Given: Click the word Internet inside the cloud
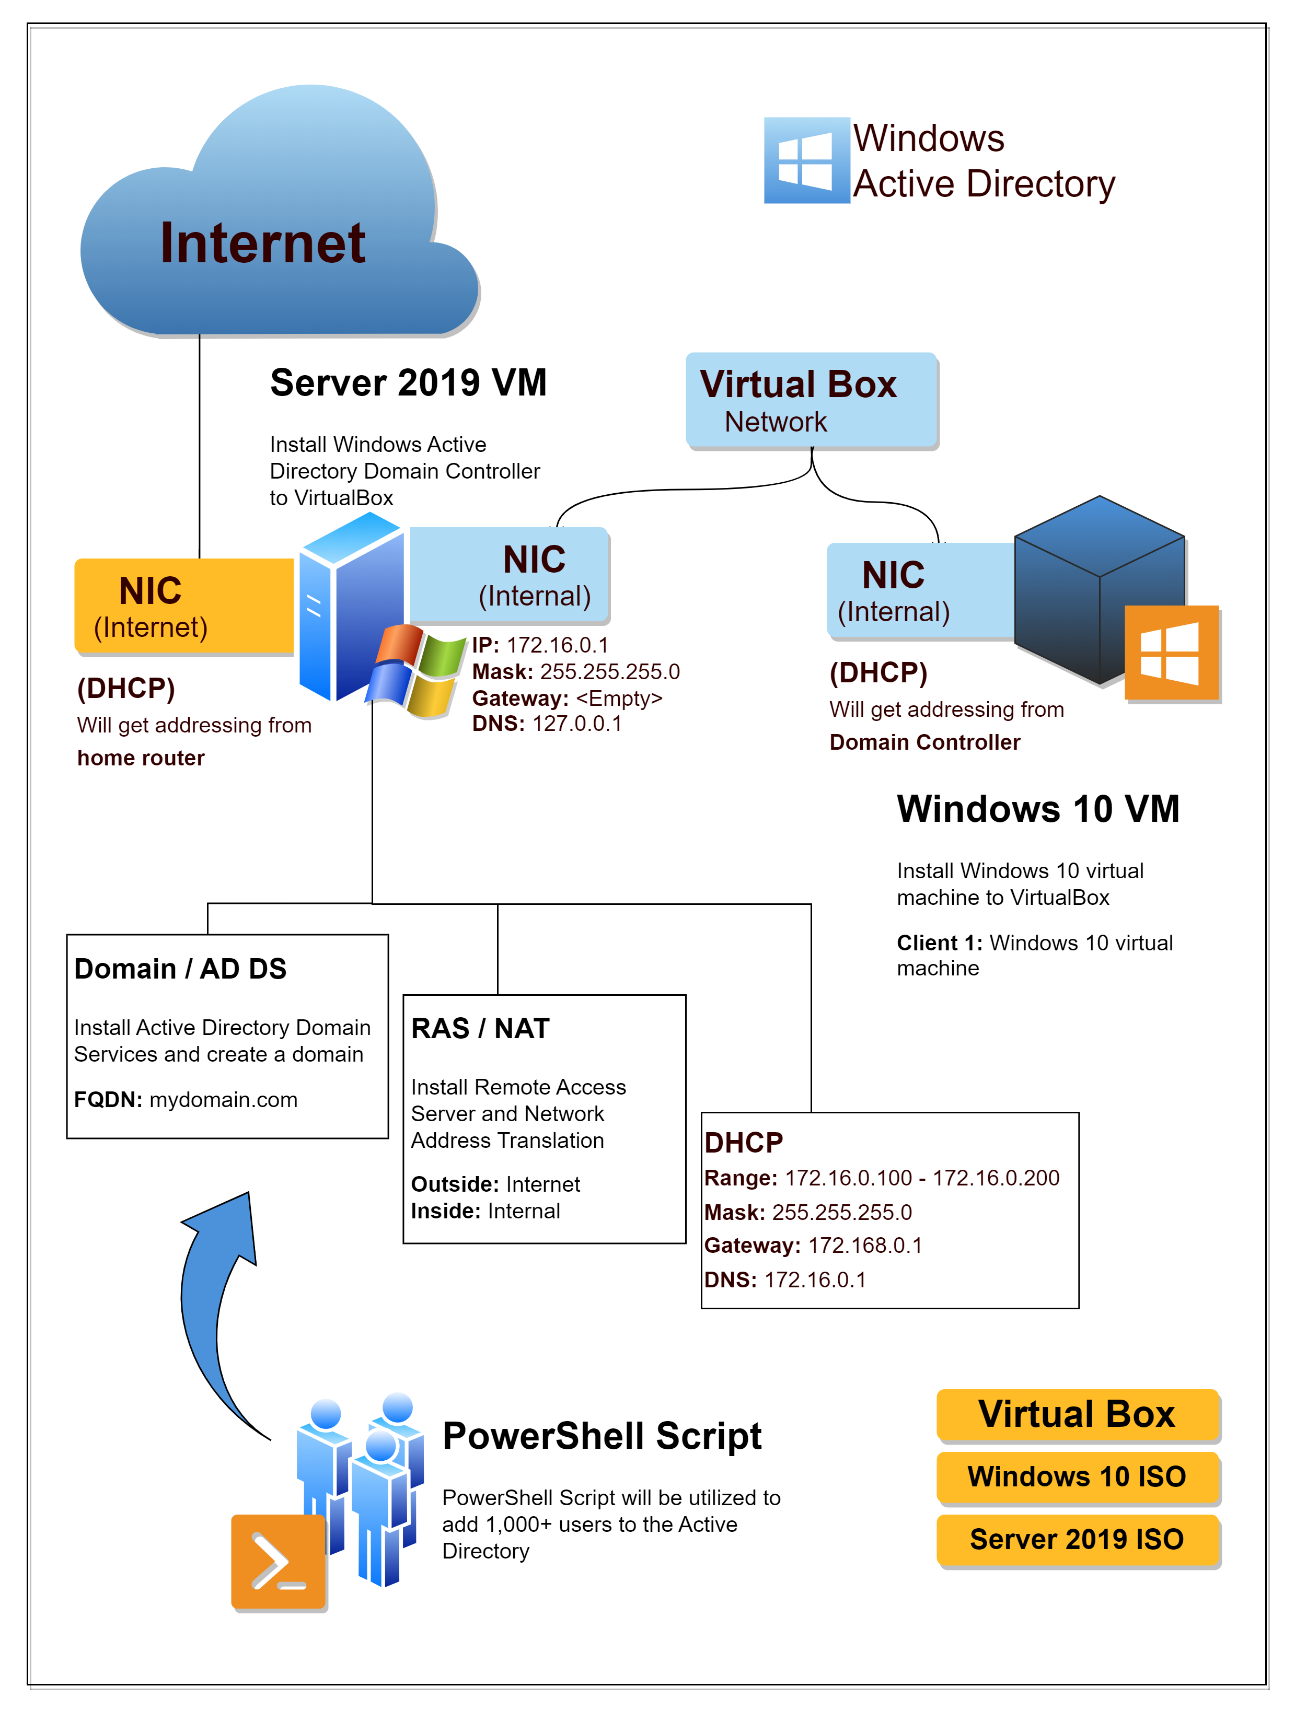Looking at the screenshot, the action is [262, 243].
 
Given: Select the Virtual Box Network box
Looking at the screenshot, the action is [811, 400].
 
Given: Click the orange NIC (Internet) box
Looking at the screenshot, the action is [184, 607].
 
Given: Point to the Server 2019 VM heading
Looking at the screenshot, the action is [408, 382].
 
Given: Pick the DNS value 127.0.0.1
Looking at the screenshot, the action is [577, 724].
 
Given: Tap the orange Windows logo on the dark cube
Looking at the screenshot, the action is [1171, 653].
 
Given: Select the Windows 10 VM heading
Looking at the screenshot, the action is [1037, 809].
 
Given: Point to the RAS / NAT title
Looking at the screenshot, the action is [480, 1028].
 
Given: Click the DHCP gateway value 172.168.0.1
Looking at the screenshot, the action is [865, 1246].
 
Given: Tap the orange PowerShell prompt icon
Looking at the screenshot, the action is [279, 1562].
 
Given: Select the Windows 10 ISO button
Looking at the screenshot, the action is [1078, 1476].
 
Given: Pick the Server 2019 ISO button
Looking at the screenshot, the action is [1078, 1539].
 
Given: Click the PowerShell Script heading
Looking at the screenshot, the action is [602, 1436].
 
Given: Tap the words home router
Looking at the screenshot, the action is [141, 758].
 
